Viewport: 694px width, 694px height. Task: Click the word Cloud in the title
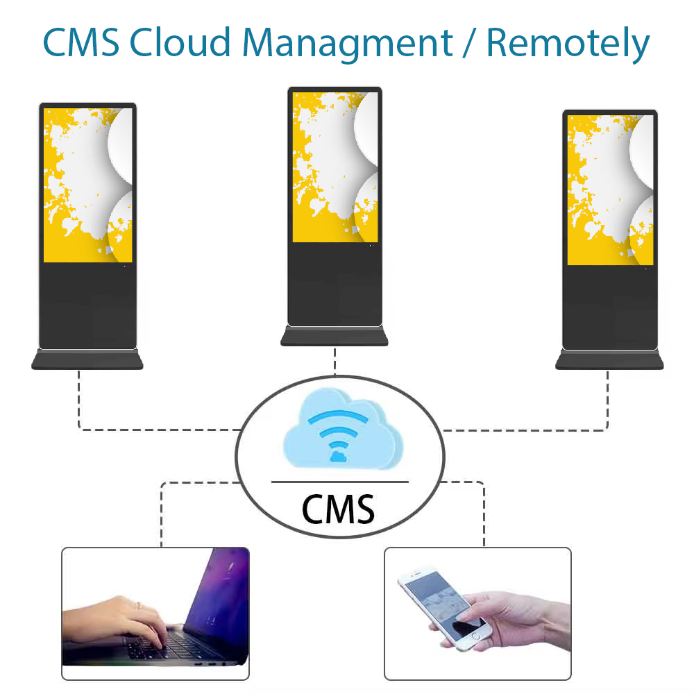(180, 42)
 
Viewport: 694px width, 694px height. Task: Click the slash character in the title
(469, 42)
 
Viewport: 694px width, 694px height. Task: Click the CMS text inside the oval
(338, 509)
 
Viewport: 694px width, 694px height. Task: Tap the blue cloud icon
(343, 428)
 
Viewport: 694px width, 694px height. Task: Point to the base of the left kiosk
(87, 359)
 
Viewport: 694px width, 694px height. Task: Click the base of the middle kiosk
(335, 336)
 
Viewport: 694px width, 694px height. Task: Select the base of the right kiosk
(609, 359)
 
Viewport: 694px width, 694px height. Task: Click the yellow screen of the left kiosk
(87, 185)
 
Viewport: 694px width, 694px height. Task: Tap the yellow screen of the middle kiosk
(335, 167)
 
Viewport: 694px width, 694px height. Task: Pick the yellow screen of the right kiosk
(610, 190)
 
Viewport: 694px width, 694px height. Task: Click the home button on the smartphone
(475, 635)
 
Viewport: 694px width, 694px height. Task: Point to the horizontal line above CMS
(339, 482)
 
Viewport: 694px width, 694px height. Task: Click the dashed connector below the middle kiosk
(335, 361)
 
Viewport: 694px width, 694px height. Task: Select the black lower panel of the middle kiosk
(335, 284)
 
